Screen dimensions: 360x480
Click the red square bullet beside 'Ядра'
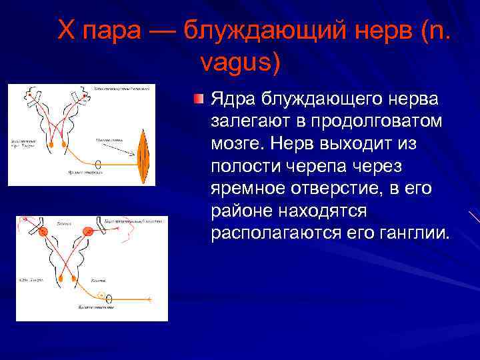198,99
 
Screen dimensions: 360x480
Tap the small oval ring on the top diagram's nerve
98,164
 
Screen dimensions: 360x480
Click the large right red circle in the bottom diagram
87,231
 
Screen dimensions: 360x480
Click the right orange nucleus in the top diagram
63,143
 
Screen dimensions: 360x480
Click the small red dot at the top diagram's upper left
30,97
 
